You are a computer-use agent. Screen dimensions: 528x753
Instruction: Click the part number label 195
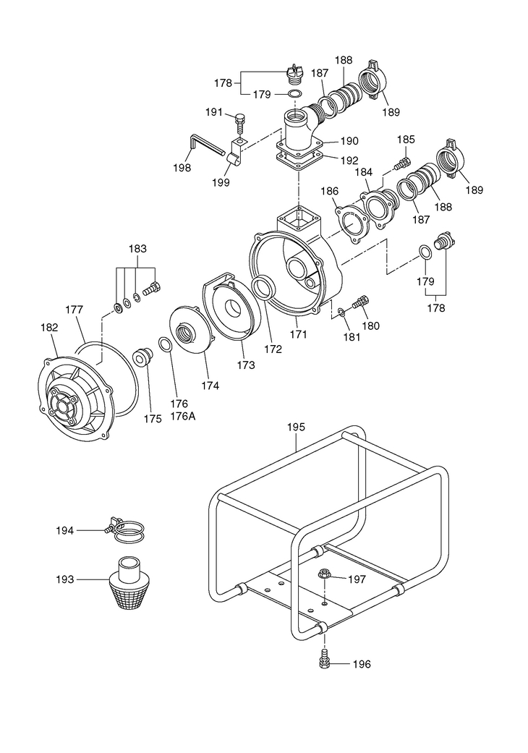(x=296, y=427)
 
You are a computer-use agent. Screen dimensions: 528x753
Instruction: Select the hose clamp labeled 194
(x=125, y=531)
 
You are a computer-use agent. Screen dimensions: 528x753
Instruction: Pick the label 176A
(x=183, y=417)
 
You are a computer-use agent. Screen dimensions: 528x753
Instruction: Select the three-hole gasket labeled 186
(x=353, y=224)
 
